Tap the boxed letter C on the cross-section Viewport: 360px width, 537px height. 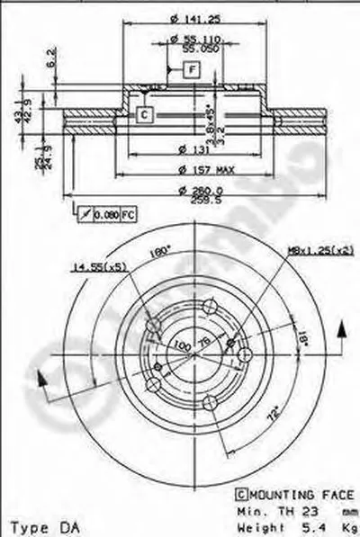point(144,113)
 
